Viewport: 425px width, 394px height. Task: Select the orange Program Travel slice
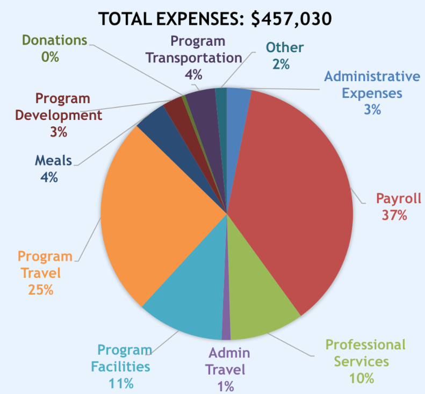161,215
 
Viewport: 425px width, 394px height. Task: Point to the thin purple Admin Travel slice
226,323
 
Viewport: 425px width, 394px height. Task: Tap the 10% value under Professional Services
361,378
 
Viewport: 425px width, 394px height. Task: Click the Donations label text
54,40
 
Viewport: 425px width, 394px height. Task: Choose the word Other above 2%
284,47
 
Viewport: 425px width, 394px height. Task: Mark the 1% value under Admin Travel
226,385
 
